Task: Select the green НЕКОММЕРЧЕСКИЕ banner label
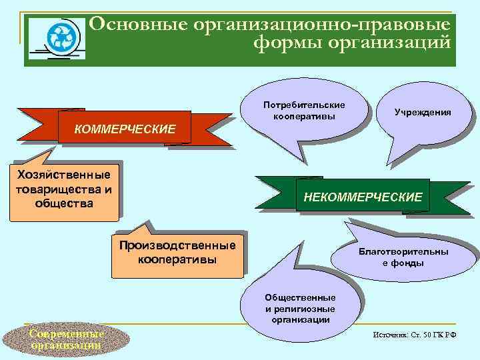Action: pos(363,197)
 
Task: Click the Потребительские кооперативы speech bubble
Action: pos(303,111)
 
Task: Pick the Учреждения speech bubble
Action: pos(422,113)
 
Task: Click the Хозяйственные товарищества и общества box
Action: pos(64,189)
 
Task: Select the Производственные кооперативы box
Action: pos(177,252)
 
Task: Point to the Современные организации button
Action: pos(56,339)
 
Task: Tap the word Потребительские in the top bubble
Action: pos(303,105)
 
